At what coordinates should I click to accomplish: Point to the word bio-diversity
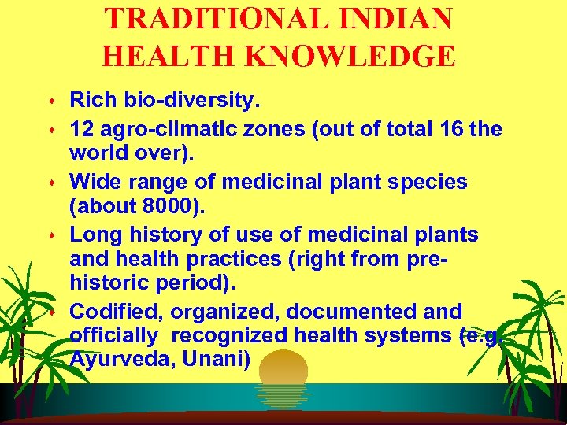click(191, 101)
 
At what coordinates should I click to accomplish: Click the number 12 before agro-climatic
click(81, 128)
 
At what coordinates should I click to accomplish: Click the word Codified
click(112, 311)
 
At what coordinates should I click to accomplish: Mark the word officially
click(113, 335)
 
